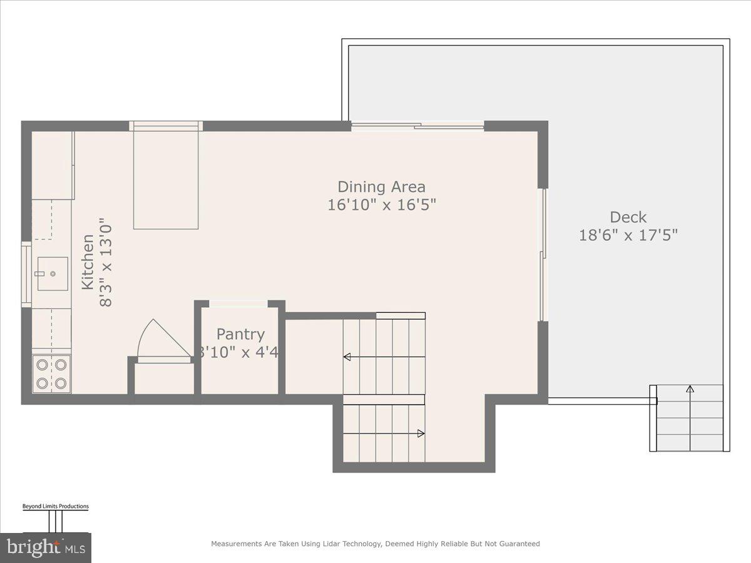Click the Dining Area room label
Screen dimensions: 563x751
click(x=381, y=186)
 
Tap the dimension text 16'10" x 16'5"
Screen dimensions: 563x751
click(x=381, y=205)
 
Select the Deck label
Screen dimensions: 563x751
click(x=628, y=217)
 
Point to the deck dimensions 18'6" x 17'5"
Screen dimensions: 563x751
click(x=628, y=235)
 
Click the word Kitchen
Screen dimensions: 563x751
click(x=88, y=261)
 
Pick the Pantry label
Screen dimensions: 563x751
click(x=240, y=334)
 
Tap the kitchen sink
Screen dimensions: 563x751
click(x=52, y=274)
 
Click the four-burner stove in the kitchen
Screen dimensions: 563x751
click(x=52, y=373)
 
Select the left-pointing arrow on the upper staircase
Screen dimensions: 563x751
click(x=347, y=357)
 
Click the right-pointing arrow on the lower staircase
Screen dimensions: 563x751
click(x=421, y=433)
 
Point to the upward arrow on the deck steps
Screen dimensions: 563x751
click(x=690, y=389)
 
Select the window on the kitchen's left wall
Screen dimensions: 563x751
click(x=26, y=274)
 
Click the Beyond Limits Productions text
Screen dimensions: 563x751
click(x=55, y=506)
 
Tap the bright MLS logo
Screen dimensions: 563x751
click(x=45, y=548)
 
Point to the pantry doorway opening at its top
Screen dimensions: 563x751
click(x=238, y=304)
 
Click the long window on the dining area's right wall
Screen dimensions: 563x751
click(x=543, y=255)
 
